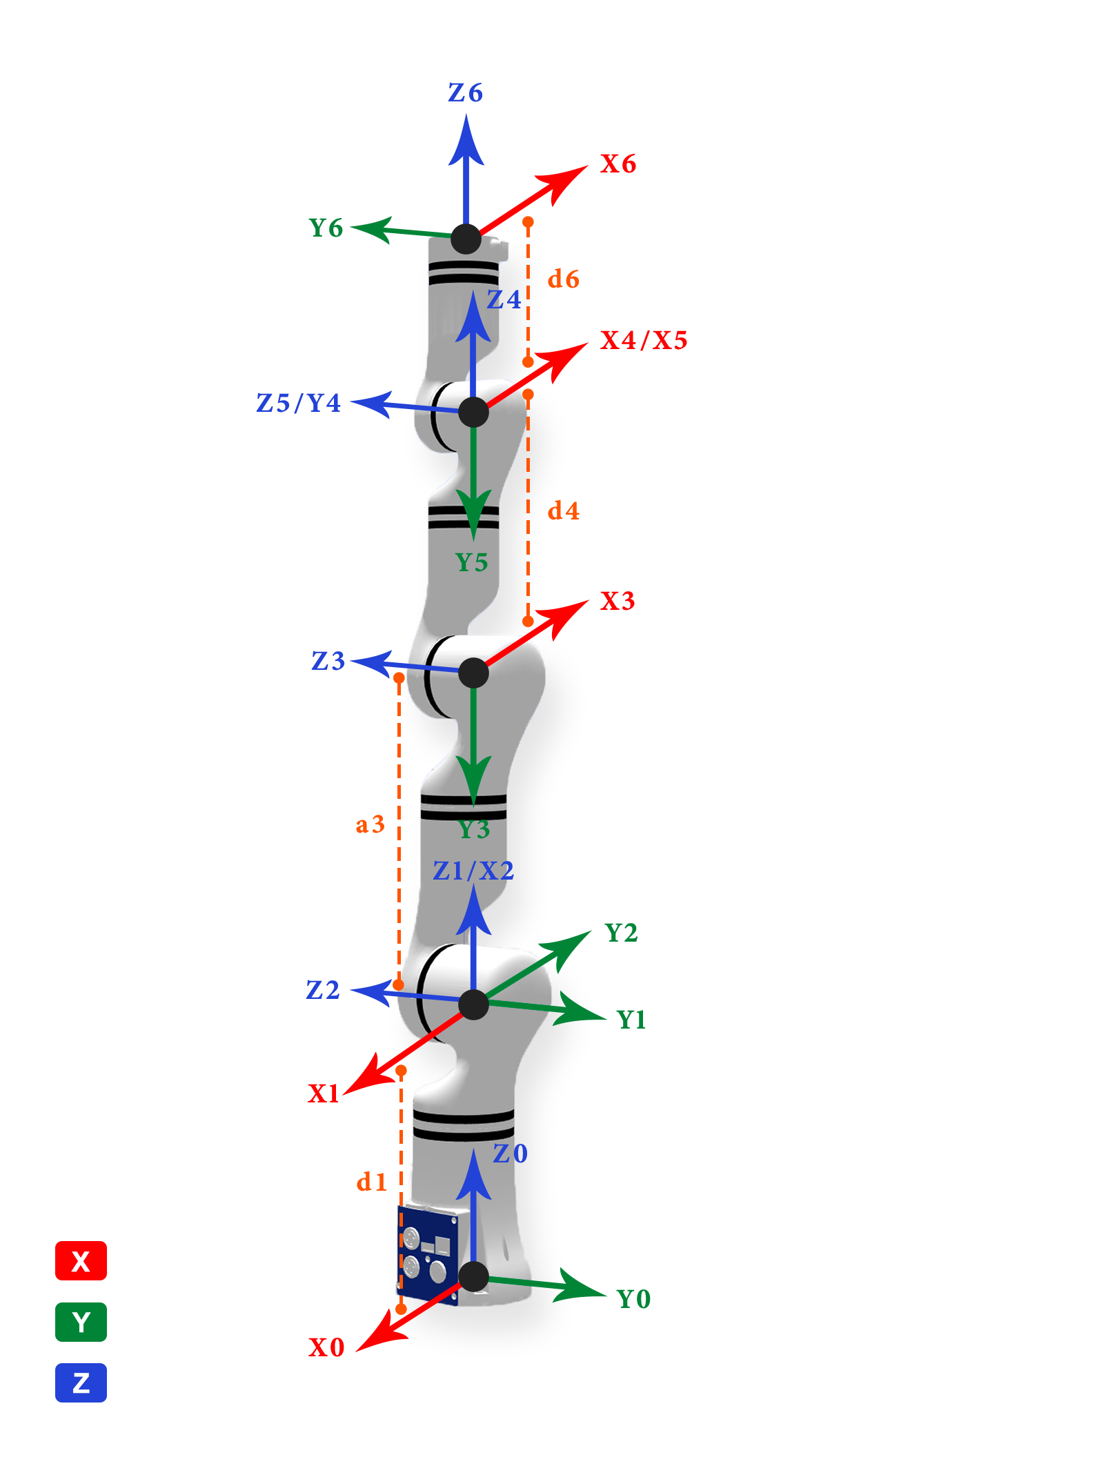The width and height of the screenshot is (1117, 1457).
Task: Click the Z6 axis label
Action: coord(466,92)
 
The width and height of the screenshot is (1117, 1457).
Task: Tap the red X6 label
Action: coord(618,164)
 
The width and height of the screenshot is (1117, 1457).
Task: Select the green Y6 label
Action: coord(326,228)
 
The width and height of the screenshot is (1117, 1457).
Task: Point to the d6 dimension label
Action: coord(564,279)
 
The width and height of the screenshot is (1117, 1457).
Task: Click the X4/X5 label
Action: coord(644,340)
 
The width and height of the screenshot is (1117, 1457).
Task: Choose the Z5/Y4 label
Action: coord(299,403)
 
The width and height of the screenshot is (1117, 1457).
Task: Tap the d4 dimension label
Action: coord(564,511)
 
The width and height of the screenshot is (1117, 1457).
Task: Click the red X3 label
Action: coord(617,601)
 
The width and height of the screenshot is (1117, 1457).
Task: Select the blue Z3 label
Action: coord(328,661)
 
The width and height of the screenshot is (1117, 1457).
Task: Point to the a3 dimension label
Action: coord(370,824)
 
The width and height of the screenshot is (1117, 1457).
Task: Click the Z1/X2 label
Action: coord(473,871)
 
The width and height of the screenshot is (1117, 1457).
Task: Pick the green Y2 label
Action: coord(621,933)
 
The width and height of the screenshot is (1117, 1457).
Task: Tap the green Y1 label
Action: coord(631,1020)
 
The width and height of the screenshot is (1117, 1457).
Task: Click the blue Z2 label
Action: coord(323,990)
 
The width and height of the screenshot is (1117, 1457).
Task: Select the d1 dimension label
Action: coord(371,1182)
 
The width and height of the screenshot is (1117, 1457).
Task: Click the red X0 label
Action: coord(326,1347)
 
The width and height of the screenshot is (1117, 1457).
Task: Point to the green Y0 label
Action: coord(634,1299)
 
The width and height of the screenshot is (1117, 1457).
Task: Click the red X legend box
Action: coord(81,1261)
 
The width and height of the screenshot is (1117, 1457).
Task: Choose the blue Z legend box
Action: coord(81,1382)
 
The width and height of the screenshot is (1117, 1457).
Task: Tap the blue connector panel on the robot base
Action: coord(428,1256)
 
